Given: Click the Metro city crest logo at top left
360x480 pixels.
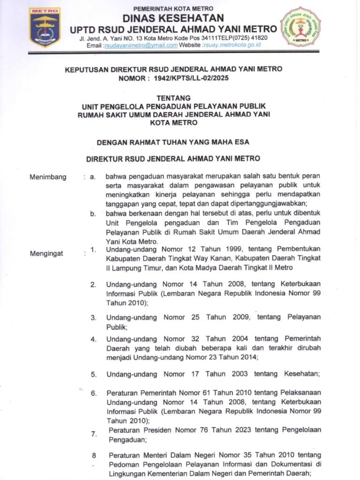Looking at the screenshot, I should [45, 27].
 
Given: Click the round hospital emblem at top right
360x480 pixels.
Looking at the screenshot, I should [300, 26].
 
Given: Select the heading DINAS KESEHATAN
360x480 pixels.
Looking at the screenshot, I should [173, 18].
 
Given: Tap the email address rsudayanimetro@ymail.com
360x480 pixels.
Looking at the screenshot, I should [140, 45].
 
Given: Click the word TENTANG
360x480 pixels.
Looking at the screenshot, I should [173, 98].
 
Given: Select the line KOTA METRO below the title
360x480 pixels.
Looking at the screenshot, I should [173, 123].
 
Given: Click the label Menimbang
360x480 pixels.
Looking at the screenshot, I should [48, 177].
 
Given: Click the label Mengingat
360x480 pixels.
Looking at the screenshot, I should [47, 254].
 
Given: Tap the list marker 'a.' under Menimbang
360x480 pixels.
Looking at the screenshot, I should [93, 177].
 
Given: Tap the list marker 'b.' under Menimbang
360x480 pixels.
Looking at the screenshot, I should [93, 214].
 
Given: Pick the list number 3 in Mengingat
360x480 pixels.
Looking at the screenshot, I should [94, 317].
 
